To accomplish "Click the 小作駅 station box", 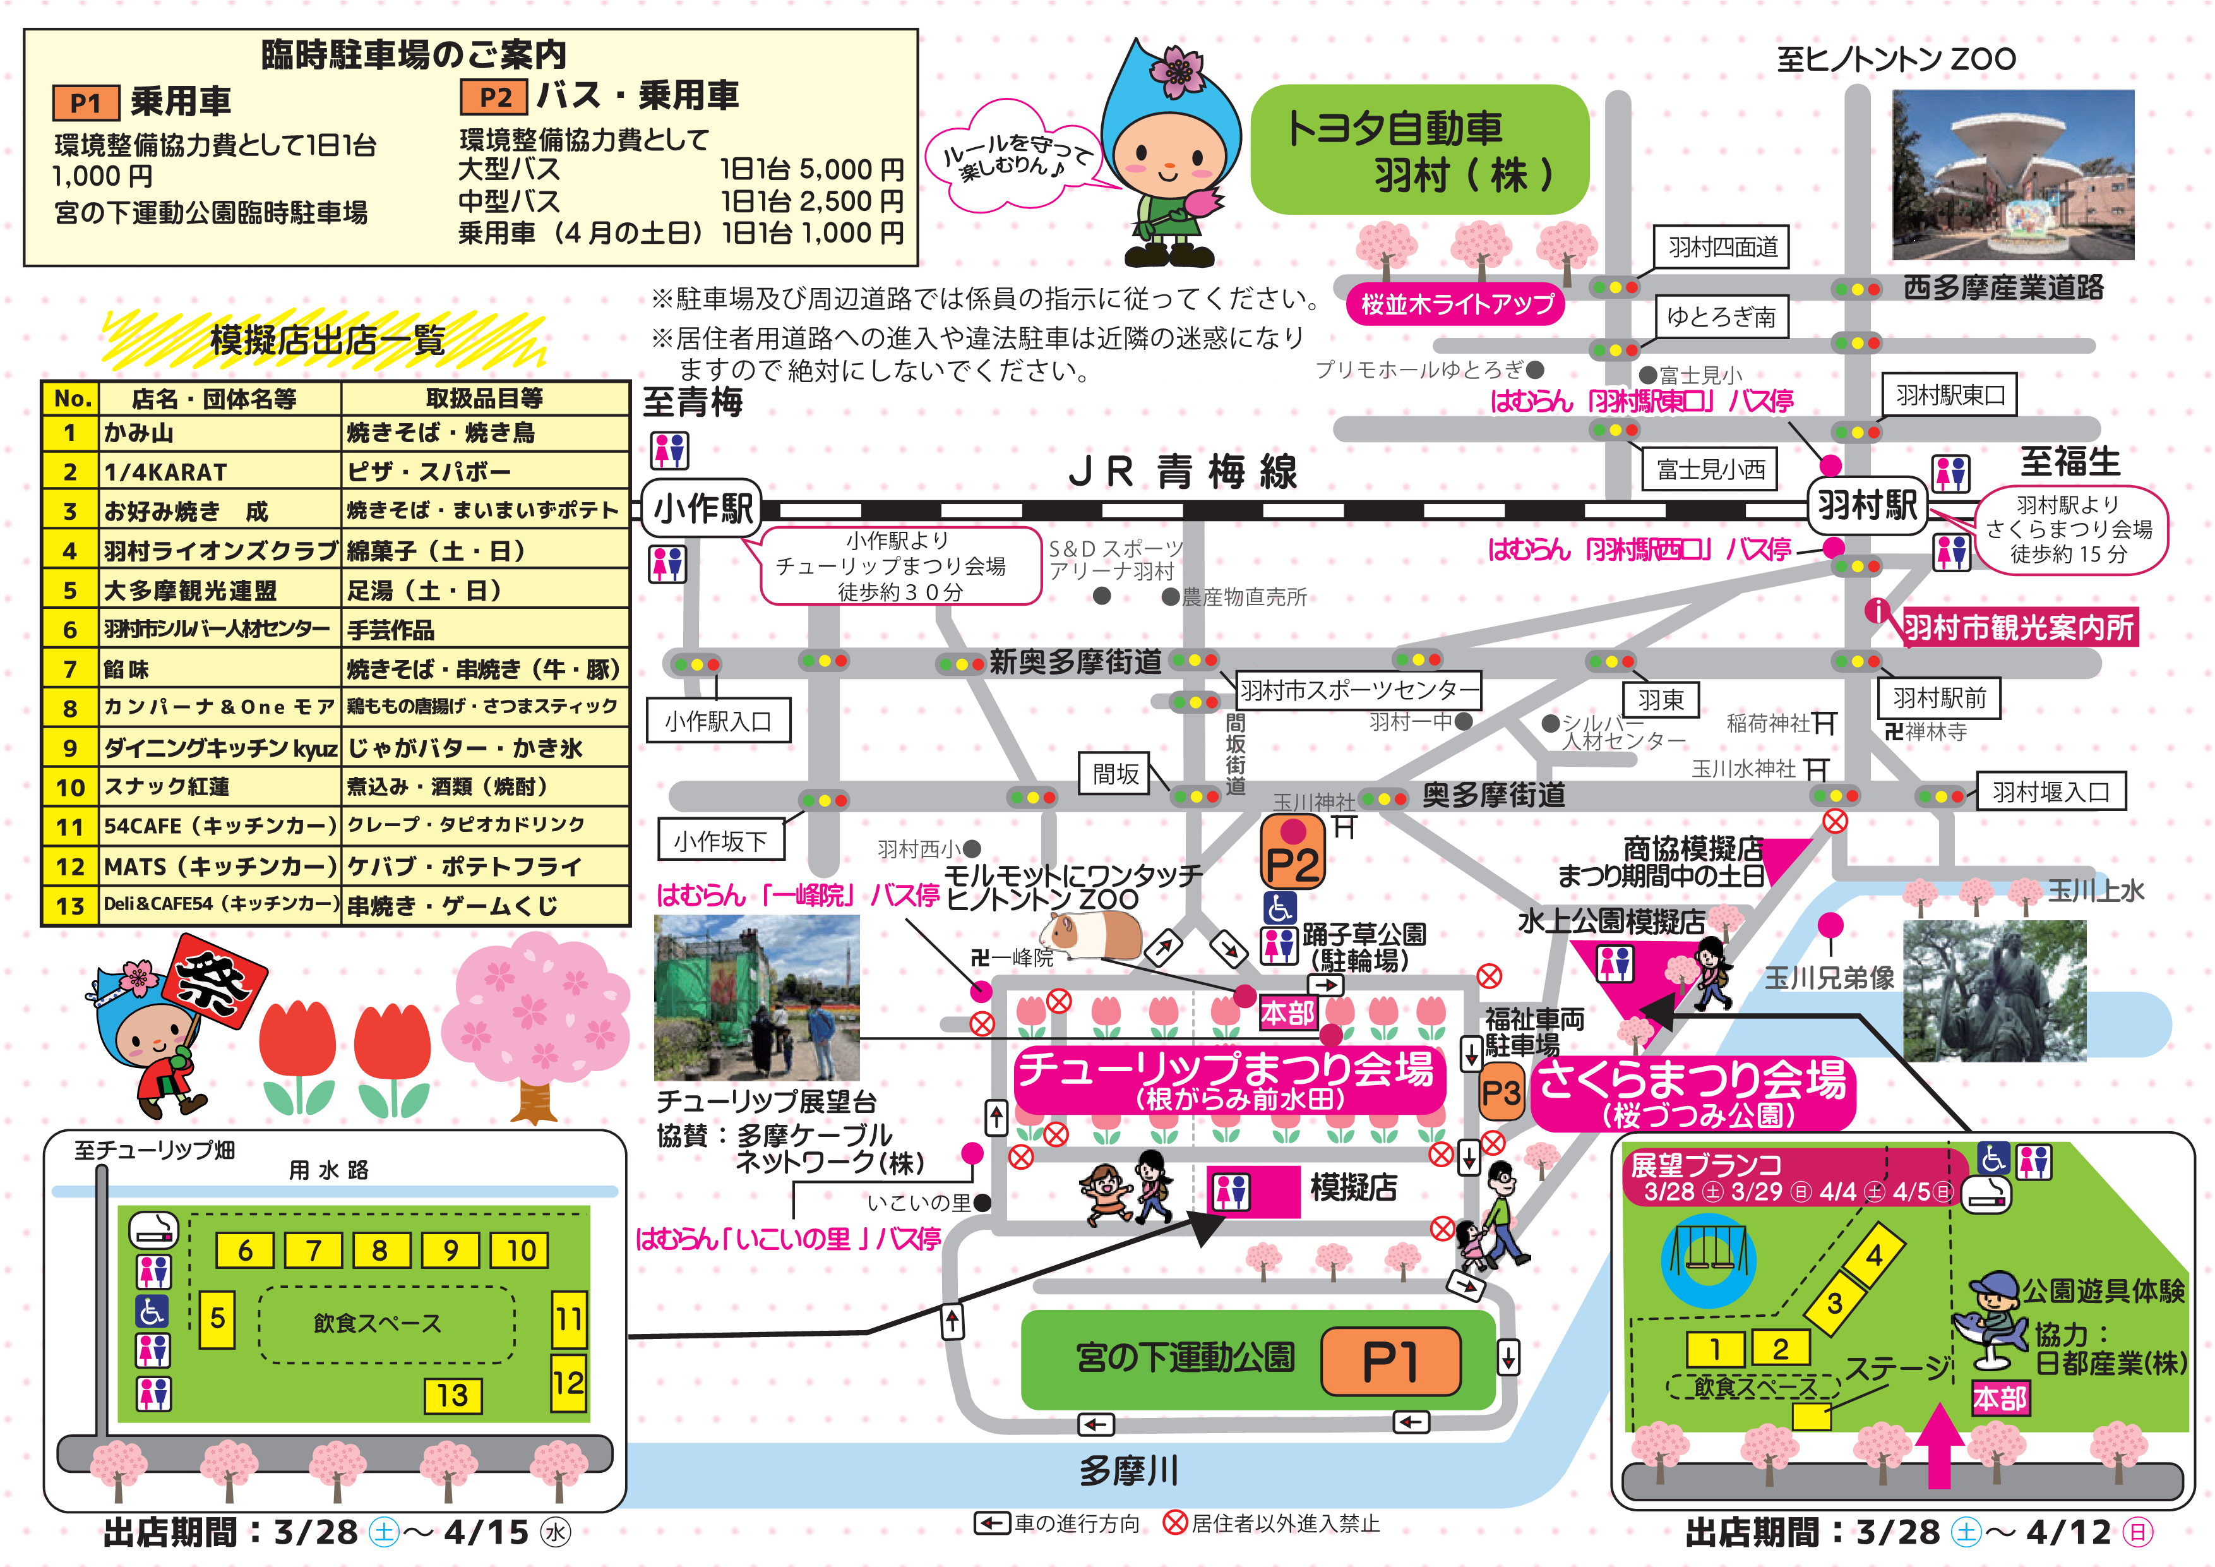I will (x=702, y=508).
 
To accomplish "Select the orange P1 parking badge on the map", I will (x=1390, y=1360).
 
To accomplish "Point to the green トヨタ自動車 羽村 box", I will (x=1419, y=150).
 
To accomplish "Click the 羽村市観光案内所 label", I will (x=2018, y=627).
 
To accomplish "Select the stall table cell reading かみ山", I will (x=220, y=433).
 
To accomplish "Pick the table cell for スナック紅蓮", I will (x=220, y=786).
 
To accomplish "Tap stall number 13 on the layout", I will (x=453, y=1395).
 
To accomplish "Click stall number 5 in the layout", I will (x=217, y=1318).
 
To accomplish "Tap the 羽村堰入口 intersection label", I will (x=2050, y=792).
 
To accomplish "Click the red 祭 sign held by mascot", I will (x=214, y=980).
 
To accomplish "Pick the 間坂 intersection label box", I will (x=1115, y=774).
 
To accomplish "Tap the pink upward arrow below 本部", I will (x=1938, y=1444).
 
